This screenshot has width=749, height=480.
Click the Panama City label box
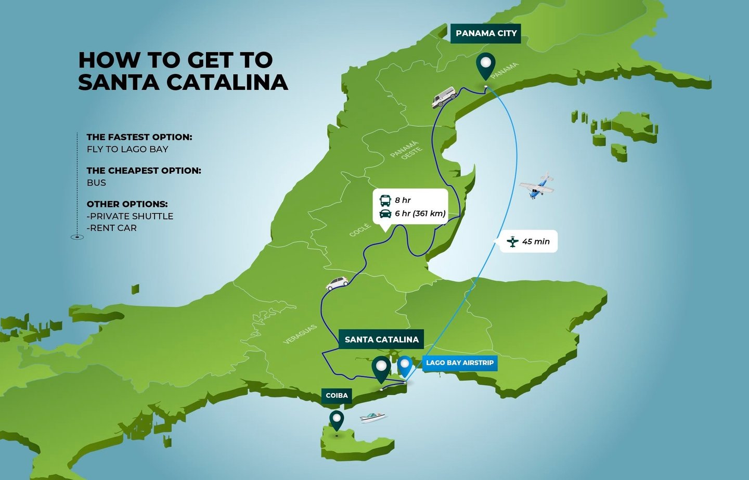pyautogui.click(x=486, y=33)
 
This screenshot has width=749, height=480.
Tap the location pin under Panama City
pyautogui.click(x=486, y=65)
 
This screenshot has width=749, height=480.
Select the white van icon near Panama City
pyautogui.click(x=444, y=97)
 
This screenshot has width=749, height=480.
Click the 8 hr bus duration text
pyautogui.click(x=403, y=200)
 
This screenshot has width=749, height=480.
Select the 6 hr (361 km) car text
pyautogui.click(x=420, y=213)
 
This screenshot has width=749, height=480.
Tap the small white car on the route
pyautogui.click(x=337, y=283)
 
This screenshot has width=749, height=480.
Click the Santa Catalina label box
pyautogui.click(x=381, y=339)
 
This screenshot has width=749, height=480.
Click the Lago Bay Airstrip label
pyautogui.click(x=460, y=362)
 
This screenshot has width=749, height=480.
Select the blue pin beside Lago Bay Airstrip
pyautogui.click(x=405, y=365)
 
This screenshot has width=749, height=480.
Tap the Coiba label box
pyautogui.click(x=337, y=395)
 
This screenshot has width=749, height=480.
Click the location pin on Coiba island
pyautogui.click(x=337, y=419)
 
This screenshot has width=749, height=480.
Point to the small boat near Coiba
pyautogui.click(x=373, y=417)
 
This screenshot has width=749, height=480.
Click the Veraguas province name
pyautogui.click(x=300, y=334)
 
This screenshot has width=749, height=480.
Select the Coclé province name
pyautogui.click(x=360, y=230)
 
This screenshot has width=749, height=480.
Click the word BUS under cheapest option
pyautogui.click(x=96, y=183)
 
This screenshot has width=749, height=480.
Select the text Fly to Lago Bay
pyautogui.click(x=127, y=149)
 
